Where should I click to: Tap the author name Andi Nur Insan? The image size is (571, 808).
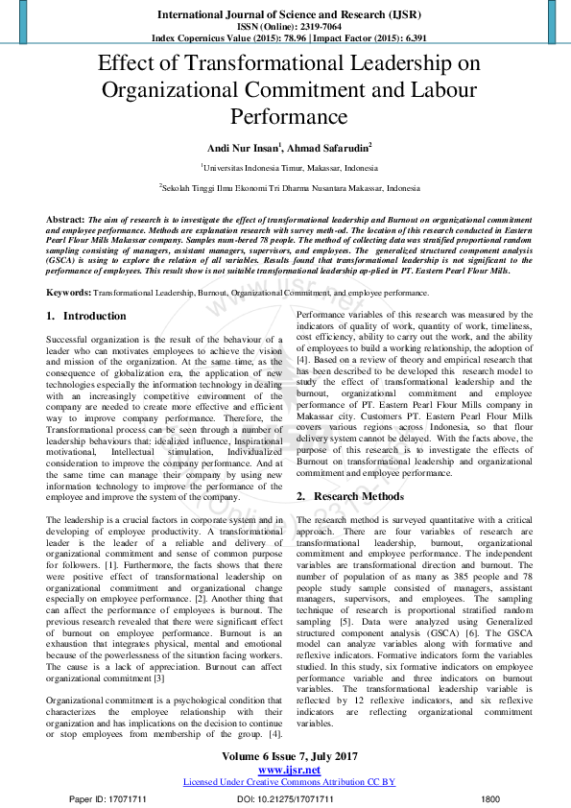(x=242, y=148)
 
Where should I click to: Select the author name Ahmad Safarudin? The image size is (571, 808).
(x=328, y=148)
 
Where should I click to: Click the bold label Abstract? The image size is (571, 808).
(x=65, y=219)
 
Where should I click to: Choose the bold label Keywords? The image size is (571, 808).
(x=68, y=291)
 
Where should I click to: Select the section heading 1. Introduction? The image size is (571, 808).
(x=86, y=316)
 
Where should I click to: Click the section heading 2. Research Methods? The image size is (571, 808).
(x=351, y=496)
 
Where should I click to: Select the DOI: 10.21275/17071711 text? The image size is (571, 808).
(x=285, y=798)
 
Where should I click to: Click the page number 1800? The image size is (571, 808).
(x=490, y=798)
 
